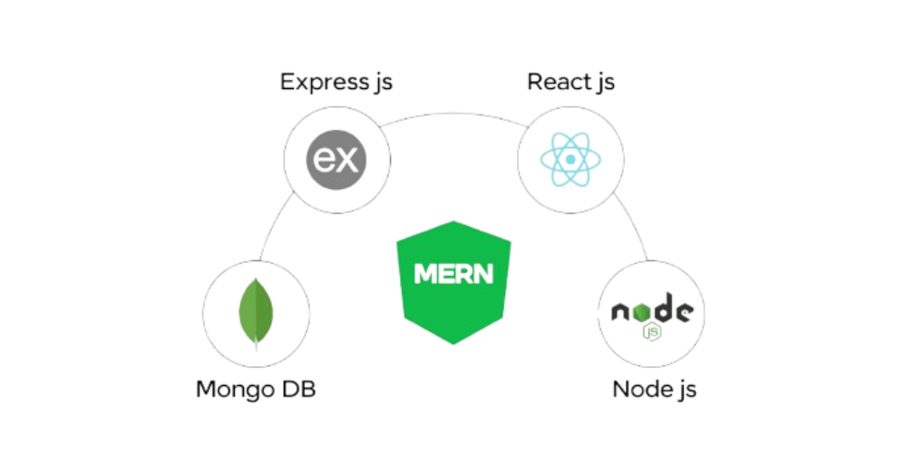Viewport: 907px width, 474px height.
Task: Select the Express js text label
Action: [x=336, y=83]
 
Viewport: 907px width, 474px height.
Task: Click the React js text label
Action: [x=571, y=83]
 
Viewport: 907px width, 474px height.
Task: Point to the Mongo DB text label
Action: [x=257, y=390]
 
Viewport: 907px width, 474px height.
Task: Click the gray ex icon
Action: [x=336, y=161]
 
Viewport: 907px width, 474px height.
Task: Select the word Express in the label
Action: [x=323, y=83]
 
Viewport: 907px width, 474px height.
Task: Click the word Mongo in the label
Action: [x=236, y=390]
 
